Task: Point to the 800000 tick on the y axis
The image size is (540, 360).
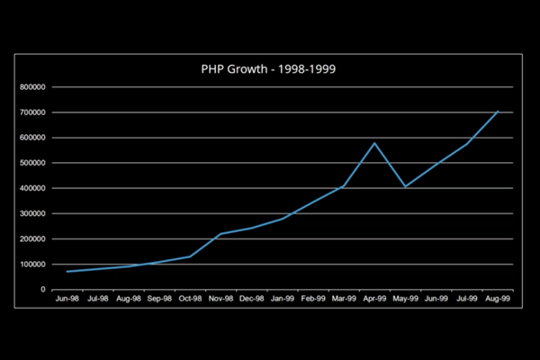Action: (x=31, y=87)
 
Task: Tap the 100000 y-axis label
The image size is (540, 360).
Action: (x=31, y=265)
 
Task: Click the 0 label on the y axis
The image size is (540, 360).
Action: (x=42, y=290)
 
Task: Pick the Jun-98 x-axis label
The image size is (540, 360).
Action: (x=67, y=298)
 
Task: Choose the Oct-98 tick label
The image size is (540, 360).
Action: (x=190, y=298)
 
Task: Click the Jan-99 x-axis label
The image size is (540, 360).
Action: (x=283, y=298)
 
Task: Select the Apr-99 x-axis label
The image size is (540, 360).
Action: (x=374, y=298)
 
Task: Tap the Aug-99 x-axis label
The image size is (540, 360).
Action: (x=498, y=298)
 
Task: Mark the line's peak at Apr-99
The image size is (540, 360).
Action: (x=374, y=143)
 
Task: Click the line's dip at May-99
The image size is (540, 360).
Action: (x=406, y=186)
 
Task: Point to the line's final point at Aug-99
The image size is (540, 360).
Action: (x=498, y=112)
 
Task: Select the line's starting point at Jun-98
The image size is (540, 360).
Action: (x=67, y=272)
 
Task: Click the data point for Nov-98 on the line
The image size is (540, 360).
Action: (x=220, y=234)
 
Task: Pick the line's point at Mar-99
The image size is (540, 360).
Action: (x=344, y=186)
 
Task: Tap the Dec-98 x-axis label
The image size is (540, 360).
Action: (x=251, y=298)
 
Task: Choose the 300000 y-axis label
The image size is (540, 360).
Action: (x=31, y=214)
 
